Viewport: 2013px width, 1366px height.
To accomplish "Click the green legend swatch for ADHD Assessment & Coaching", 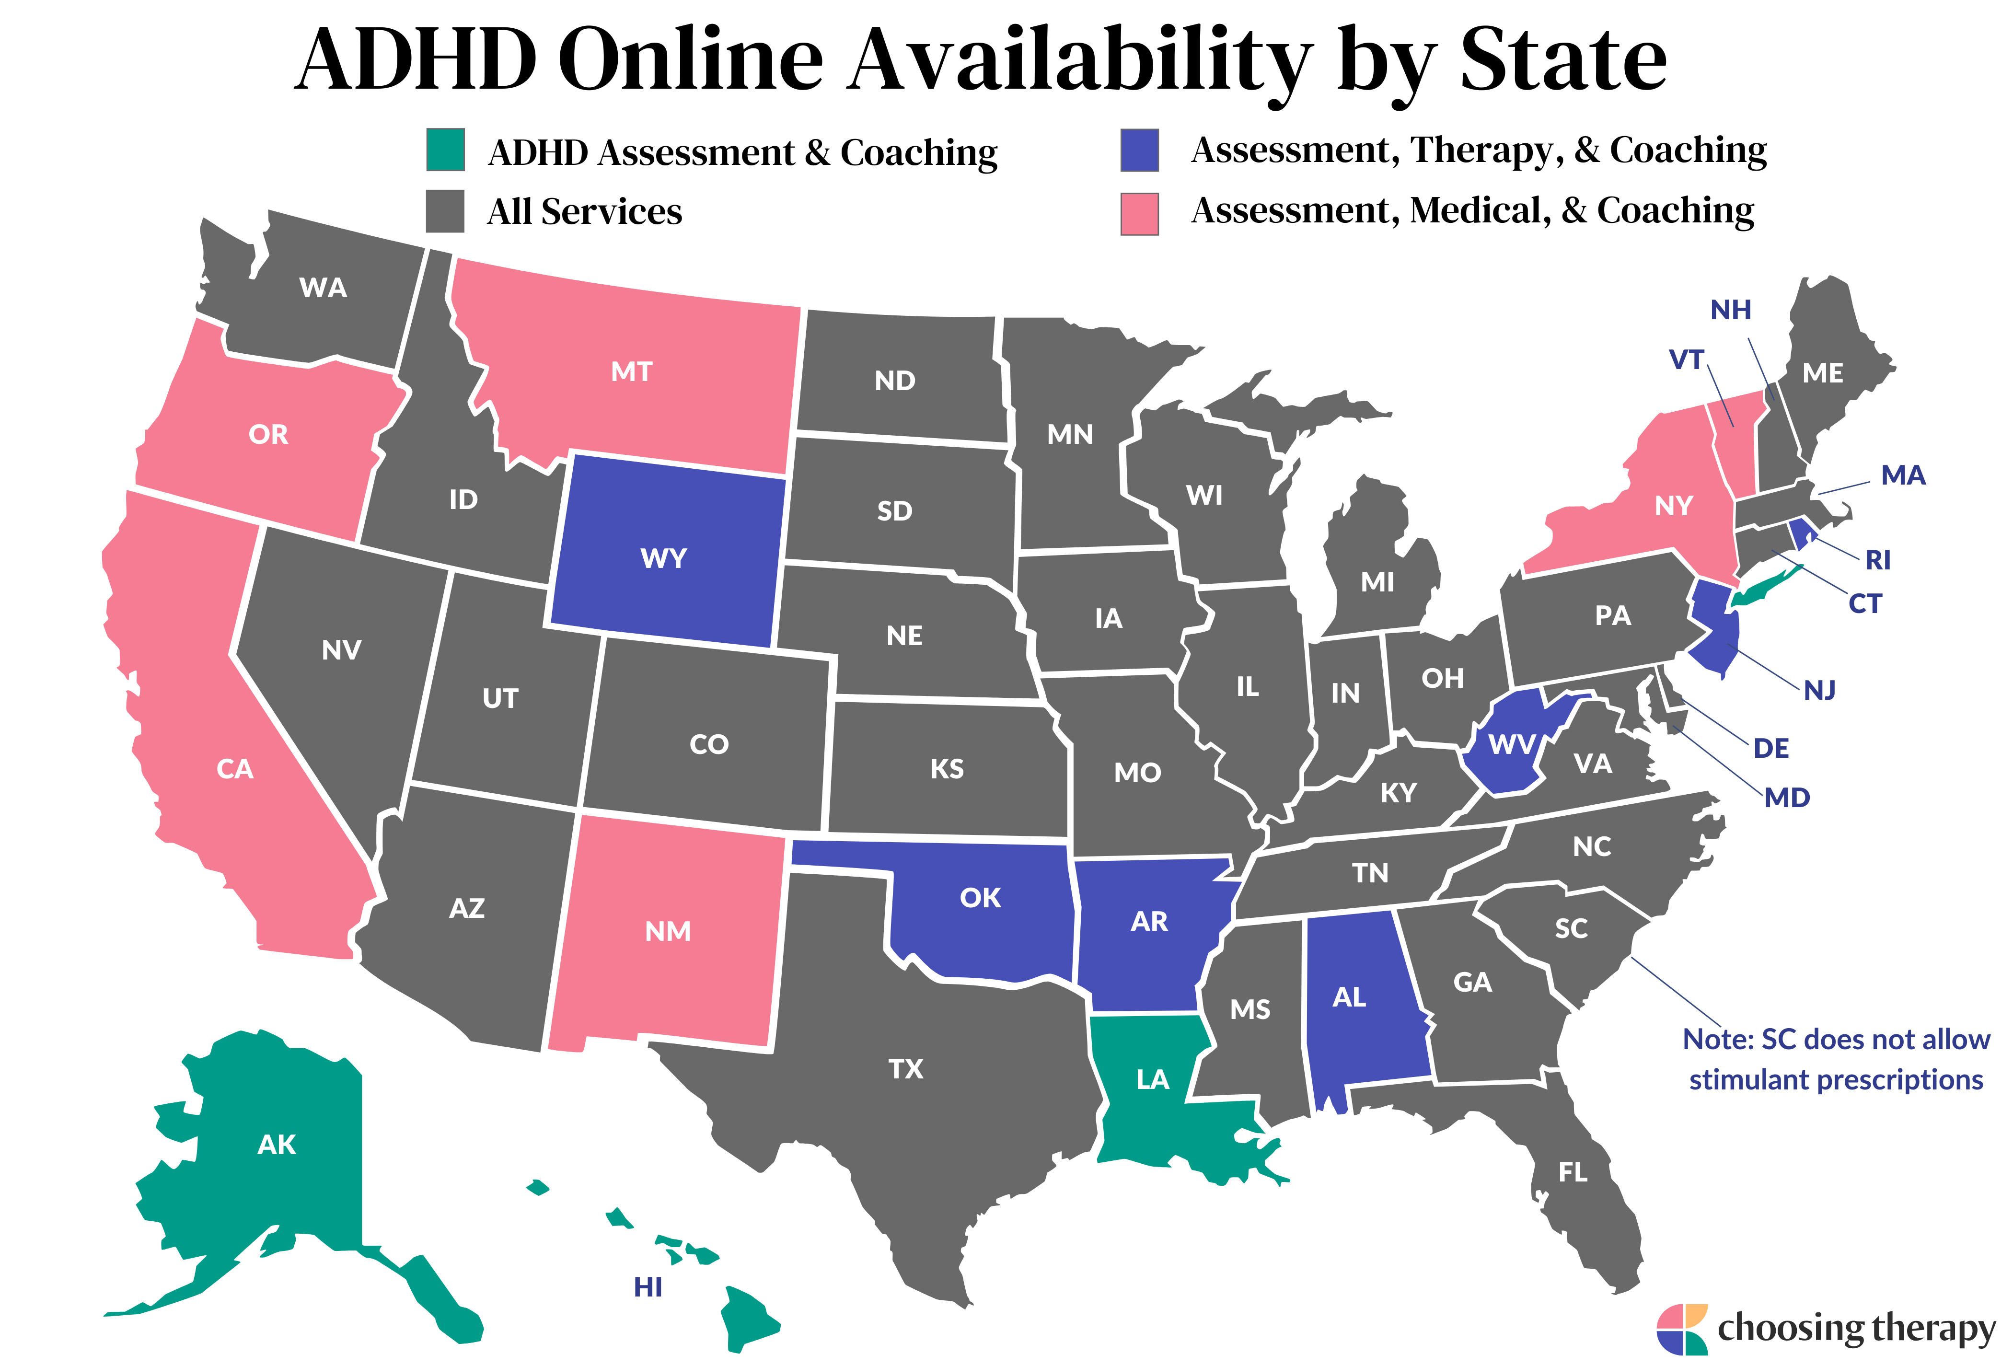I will pyautogui.click(x=445, y=150).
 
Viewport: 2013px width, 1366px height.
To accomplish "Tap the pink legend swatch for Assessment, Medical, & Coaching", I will pyautogui.click(x=1139, y=214).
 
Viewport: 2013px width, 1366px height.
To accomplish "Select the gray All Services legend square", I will pyautogui.click(x=445, y=211).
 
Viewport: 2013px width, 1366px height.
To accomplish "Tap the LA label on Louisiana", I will pyautogui.click(x=1153, y=1079).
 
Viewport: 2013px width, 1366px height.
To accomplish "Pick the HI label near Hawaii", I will pyautogui.click(x=648, y=1288).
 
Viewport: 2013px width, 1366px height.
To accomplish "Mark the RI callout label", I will pyautogui.click(x=1878, y=560).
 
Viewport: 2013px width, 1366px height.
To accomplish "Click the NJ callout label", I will pyautogui.click(x=1820, y=690).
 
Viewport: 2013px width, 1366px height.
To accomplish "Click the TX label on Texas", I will pyautogui.click(x=906, y=1069).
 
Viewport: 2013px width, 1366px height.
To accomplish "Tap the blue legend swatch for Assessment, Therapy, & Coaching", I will pyautogui.click(x=1139, y=150).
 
